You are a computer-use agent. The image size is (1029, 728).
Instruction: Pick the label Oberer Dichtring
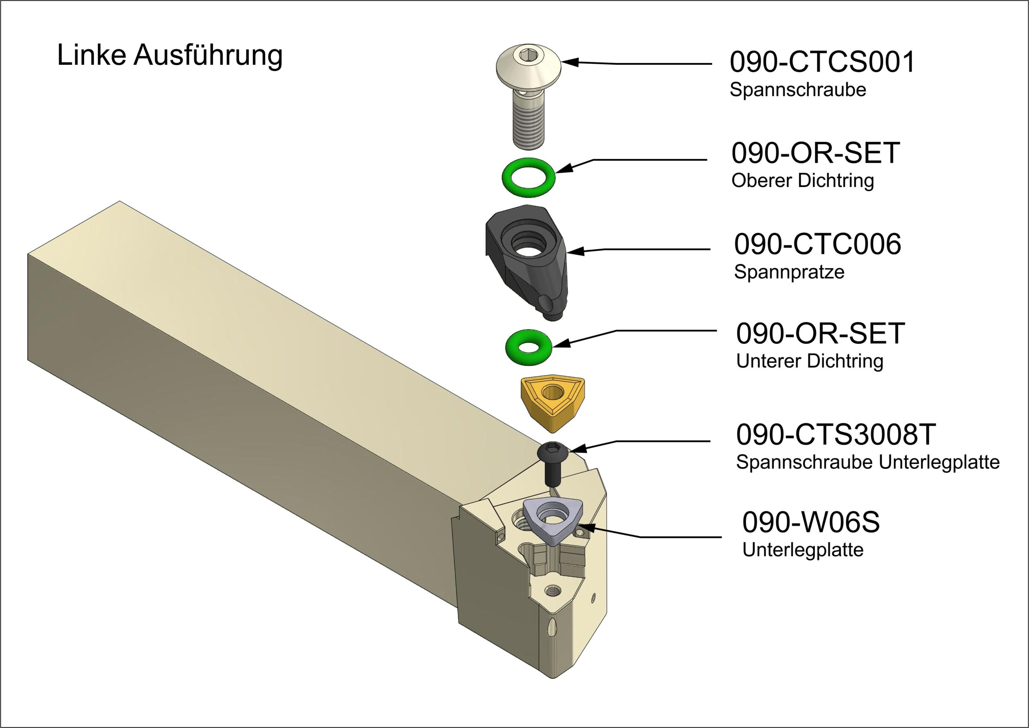coord(803,180)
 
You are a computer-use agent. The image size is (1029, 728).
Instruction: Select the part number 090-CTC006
coord(818,244)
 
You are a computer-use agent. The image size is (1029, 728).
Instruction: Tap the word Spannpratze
coord(789,272)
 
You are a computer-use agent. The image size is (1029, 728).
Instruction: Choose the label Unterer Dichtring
coord(810,361)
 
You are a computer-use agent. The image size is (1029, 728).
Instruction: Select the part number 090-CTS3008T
coord(836,435)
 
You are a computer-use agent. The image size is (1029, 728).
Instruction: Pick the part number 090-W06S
coord(811,523)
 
